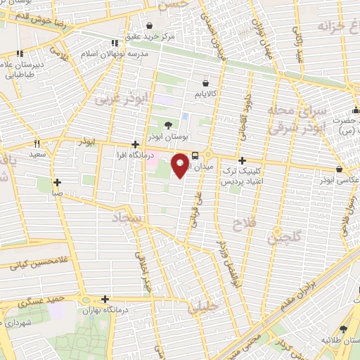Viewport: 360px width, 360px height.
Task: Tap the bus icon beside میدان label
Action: (195, 156)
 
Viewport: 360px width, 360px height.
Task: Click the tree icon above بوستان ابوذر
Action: (167, 125)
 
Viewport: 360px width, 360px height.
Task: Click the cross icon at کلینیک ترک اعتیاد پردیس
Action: (242, 160)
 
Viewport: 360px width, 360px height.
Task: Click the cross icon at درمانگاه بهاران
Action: (104, 299)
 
